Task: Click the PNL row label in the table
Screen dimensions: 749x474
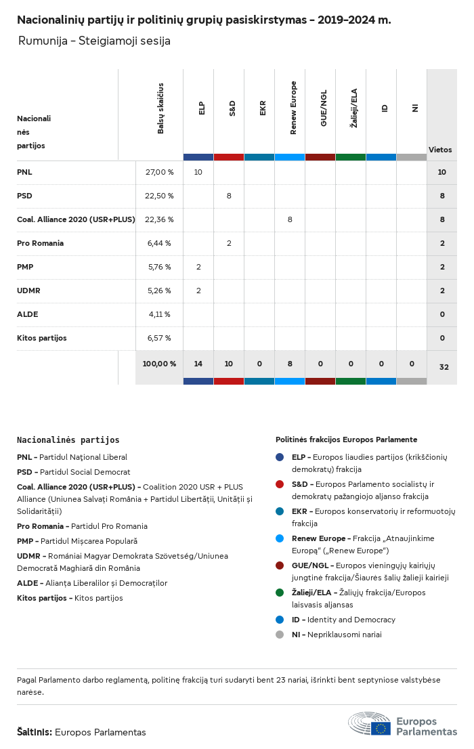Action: pyautogui.click(x=25, y=172)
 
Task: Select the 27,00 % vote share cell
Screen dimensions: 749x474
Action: pyautogui.click(x=160, y=172)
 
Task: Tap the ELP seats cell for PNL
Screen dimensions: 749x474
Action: pyautogui.click(x=198, y=172)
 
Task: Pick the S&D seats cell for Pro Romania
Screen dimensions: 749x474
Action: pyautogui.click(x=229, y=243)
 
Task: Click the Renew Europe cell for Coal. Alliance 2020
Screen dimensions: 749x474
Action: pyautogui.click(x=290, y=219)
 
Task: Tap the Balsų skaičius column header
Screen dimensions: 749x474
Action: pyautogui.click(x=160, y=108)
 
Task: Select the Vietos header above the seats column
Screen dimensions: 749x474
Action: pyautogui.click(x=440, y=150)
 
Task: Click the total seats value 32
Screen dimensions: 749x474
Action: pyautogui.click(x=444, y=367)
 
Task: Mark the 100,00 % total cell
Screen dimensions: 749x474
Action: pyautogui.click(x=159, y=364)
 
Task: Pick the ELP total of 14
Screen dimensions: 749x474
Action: pyautogui.click(x=198, y=364)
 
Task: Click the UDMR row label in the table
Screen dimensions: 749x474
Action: pyautogui.click(x=28, y=291)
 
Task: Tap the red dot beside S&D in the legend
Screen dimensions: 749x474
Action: pyautogui.click(x=280, y=484)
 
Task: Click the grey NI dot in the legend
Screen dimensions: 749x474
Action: pyautogui.click(x=280, y=635)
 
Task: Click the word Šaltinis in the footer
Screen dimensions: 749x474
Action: pyautogui.click(x=34, y=732)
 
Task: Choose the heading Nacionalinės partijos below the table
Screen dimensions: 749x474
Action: pyautogui.click(x=68, y=440)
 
